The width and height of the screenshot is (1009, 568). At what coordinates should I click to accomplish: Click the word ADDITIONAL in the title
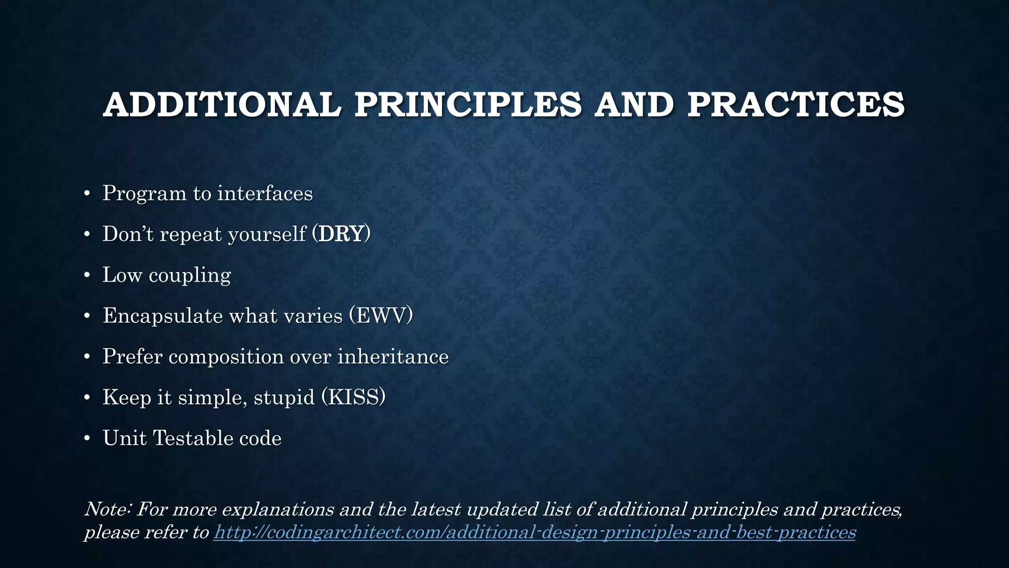222,105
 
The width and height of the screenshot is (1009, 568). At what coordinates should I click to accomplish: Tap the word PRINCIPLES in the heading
468,105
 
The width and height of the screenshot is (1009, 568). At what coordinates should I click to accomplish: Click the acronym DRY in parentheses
341,234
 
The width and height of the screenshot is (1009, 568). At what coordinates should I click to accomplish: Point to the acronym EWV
381,316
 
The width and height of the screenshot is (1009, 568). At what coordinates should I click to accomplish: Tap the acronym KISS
353,397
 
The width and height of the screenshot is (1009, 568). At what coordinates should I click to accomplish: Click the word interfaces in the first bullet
265,193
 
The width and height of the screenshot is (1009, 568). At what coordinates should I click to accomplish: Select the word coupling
190,275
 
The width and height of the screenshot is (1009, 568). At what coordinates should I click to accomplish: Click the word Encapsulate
163,316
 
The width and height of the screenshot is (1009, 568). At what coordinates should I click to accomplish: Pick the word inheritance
393,356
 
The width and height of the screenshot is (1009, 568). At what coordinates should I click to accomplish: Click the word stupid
284,397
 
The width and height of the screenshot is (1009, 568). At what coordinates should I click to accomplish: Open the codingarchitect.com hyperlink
534,532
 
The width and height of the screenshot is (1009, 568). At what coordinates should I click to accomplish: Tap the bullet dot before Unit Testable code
87,439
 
